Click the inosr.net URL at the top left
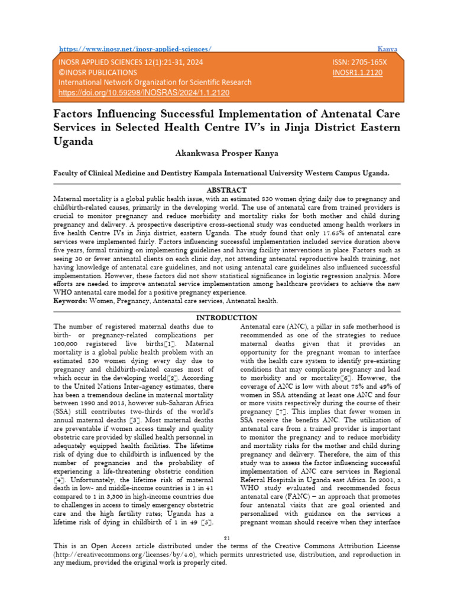[135, 49]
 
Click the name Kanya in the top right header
[387, 49]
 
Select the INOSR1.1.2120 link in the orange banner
[358, 73]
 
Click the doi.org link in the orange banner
[143, 93]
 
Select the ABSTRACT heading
[226, 190]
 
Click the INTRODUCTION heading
[226, 318]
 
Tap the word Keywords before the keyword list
[70, 301]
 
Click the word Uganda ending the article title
[73, 141]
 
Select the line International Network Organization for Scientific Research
[154, 83]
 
